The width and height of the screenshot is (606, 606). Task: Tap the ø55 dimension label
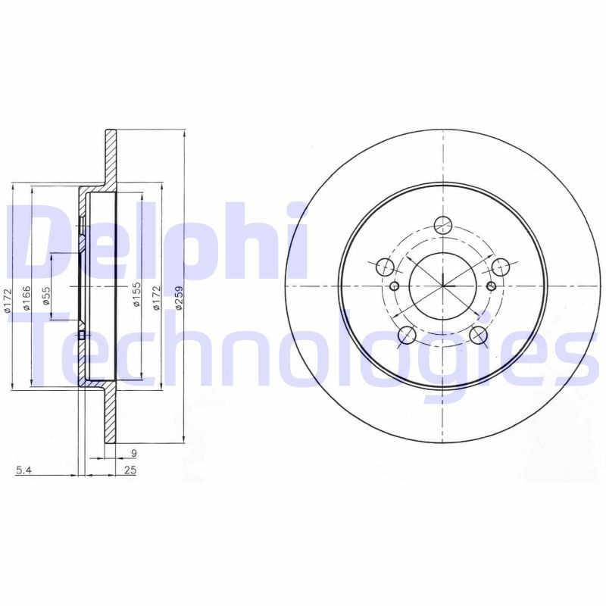(46, 296)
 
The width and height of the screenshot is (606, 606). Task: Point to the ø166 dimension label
(26, 298)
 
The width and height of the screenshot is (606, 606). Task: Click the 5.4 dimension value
(23, 471)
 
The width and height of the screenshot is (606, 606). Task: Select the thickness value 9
(133, 454)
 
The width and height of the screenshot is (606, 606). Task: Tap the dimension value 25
(130, 471)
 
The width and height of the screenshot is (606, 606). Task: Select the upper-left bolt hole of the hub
(386, 267)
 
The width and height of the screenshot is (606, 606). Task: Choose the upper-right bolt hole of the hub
(501, 267)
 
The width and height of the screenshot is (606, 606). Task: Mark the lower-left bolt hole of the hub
(408, 334)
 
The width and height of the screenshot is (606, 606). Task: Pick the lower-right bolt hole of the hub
(479, 334)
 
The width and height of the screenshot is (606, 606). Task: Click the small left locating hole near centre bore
(395, 286)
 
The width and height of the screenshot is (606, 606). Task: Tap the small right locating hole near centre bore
(491, 286)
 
